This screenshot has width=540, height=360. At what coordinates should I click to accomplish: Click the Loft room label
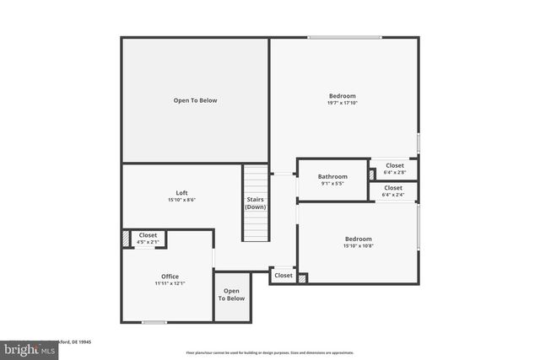coord(170,193)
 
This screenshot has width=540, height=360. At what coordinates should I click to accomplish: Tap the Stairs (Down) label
coord(256,203)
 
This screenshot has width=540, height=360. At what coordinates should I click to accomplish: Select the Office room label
coord(170,277)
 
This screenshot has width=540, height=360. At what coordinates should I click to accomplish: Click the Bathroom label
coord(332,176)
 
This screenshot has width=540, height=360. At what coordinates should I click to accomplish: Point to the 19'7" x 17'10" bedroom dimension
coord(342,103)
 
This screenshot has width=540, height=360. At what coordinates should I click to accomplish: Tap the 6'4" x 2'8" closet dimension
coord(393,172)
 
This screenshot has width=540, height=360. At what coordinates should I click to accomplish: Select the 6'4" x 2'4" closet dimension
coord(393,195)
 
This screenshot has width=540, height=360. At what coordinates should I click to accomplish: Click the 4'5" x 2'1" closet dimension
coord(148,242)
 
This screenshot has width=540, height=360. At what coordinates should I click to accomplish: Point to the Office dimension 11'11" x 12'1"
coord(170,283)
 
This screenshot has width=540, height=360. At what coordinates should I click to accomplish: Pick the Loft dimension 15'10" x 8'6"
coord(170,200)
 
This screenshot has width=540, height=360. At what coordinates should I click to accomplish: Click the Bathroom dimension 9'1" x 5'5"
coord(332,183)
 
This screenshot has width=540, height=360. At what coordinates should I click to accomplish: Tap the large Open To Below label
coord(195,100)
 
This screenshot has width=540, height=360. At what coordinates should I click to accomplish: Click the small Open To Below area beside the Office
coord(231,295)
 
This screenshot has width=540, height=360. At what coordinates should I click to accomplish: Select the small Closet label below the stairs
coord(283,276)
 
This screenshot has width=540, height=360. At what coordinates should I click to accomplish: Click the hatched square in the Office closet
coord(127,239)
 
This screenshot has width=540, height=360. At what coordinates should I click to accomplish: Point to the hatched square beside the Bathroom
coord(372,174)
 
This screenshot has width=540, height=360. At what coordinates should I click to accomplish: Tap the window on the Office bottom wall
coord(154,322)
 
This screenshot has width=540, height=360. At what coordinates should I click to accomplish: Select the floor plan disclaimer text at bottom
coord(282,352)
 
